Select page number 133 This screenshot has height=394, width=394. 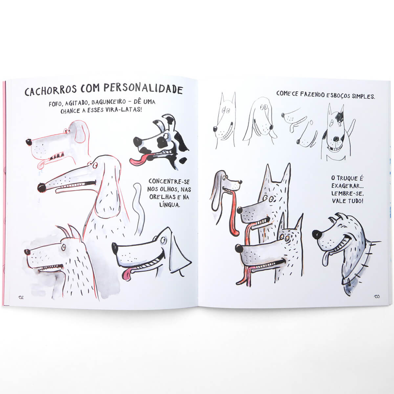(376, 296)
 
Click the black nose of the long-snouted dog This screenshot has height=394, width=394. (42, 187)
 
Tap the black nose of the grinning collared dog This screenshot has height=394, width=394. (317, 234)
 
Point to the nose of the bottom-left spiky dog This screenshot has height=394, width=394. (27, 252)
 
